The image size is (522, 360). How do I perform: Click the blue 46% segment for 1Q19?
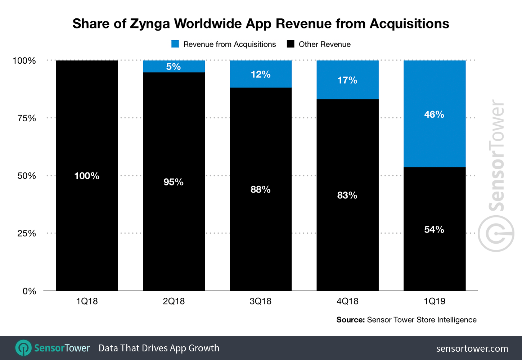pyautogui.click(x=435, y=137)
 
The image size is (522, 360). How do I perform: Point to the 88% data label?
pyautogui.click(x=261, y=189)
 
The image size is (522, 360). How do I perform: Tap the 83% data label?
pyautogui.click(x=347, y=195)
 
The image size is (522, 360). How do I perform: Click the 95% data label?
pyautogui.click(x=174, y=182)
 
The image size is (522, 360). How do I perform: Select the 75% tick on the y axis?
pyautogui.click(x=27, y=118)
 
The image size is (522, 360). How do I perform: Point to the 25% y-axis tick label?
pyautogui.click(x=27, y=233)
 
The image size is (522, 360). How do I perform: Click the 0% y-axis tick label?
pyautogui.click(x=29, y=291)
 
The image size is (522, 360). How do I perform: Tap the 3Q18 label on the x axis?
pyautogui.click(x=261, y=301)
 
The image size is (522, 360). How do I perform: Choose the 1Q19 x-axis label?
pyautogui.click(x=435, y=301)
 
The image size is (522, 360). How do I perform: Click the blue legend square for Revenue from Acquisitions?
pyautogui.click(x=175, y=44)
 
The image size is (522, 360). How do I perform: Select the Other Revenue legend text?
pyautogui.click(x=324, y=44)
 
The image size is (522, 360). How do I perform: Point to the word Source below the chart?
pyautogui.click(x=350, y=320)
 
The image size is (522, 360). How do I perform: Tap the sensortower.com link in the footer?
pyautogui.click(x=472, y=348)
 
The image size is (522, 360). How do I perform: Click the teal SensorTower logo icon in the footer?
pyautogui.click(x=24, y=348)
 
